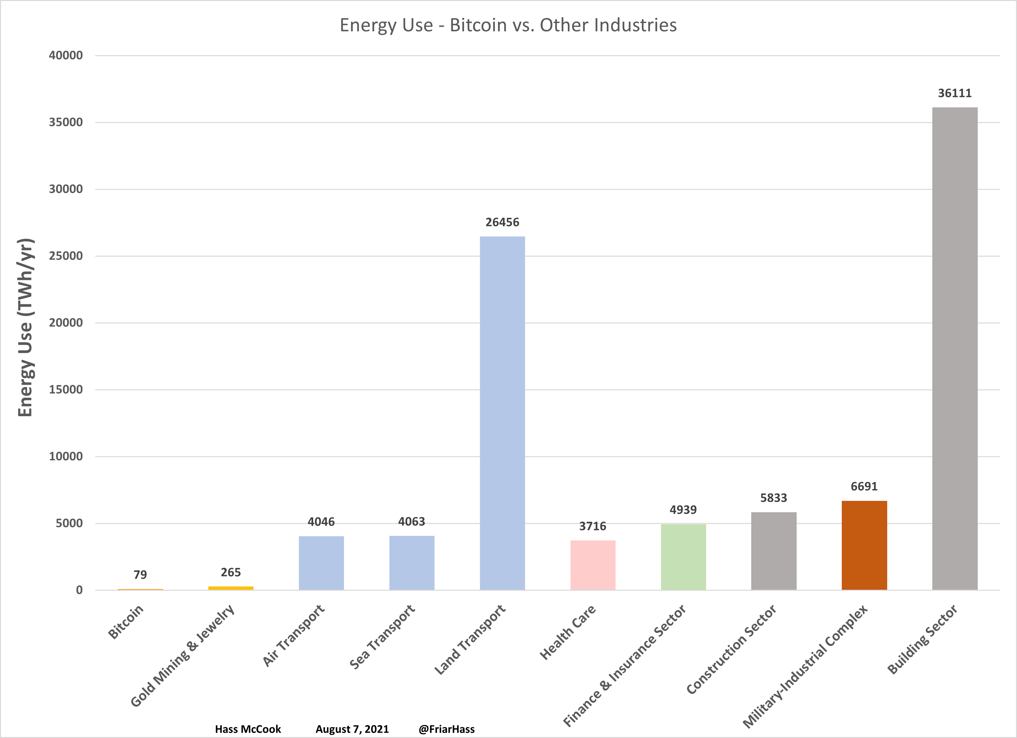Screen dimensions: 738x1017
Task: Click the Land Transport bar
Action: point(502,413)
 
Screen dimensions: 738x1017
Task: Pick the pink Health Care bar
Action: point(593,565)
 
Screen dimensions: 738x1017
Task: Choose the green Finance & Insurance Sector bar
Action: point(683,557)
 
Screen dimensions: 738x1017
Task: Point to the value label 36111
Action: point(955,93)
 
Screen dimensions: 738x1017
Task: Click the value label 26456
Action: point(502,223)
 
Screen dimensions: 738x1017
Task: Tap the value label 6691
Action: point(864,487)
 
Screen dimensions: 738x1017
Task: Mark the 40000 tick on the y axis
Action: point(66,55)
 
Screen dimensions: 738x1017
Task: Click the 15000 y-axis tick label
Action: point(66,390)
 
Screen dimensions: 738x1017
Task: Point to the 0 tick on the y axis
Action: point(79,590)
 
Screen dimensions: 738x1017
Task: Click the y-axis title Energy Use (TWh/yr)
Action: point(26,327)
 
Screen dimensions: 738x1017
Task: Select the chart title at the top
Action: point(508,25)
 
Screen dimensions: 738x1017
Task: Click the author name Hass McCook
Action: point(248,729)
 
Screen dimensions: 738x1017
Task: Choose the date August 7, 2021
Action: point(352,729)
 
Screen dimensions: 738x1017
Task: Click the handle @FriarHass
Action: point(446,729)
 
